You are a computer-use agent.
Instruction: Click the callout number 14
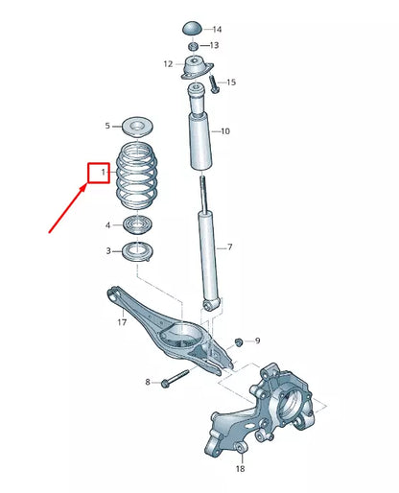[216, 30]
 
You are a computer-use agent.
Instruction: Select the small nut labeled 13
[193, 46]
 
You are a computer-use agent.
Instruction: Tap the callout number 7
[230, 247]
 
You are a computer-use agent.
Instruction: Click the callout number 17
[122, 323]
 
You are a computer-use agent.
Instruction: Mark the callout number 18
[240, 470]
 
